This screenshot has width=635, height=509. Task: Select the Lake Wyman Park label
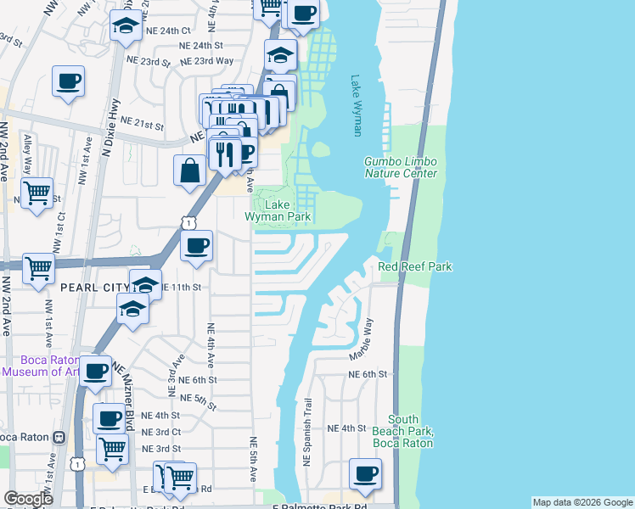[x=277, y=210]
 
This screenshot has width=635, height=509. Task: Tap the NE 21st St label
[x=142, y=124]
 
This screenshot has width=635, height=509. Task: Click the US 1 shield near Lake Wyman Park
[x=188, y=222]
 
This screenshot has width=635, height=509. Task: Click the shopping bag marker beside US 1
[x=190, y=170]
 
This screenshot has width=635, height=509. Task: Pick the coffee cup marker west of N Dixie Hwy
[x=69, y=81]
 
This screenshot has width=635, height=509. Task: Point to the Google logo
[x=29, y=499]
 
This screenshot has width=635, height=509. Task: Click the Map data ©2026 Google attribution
[x=582, y=502]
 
